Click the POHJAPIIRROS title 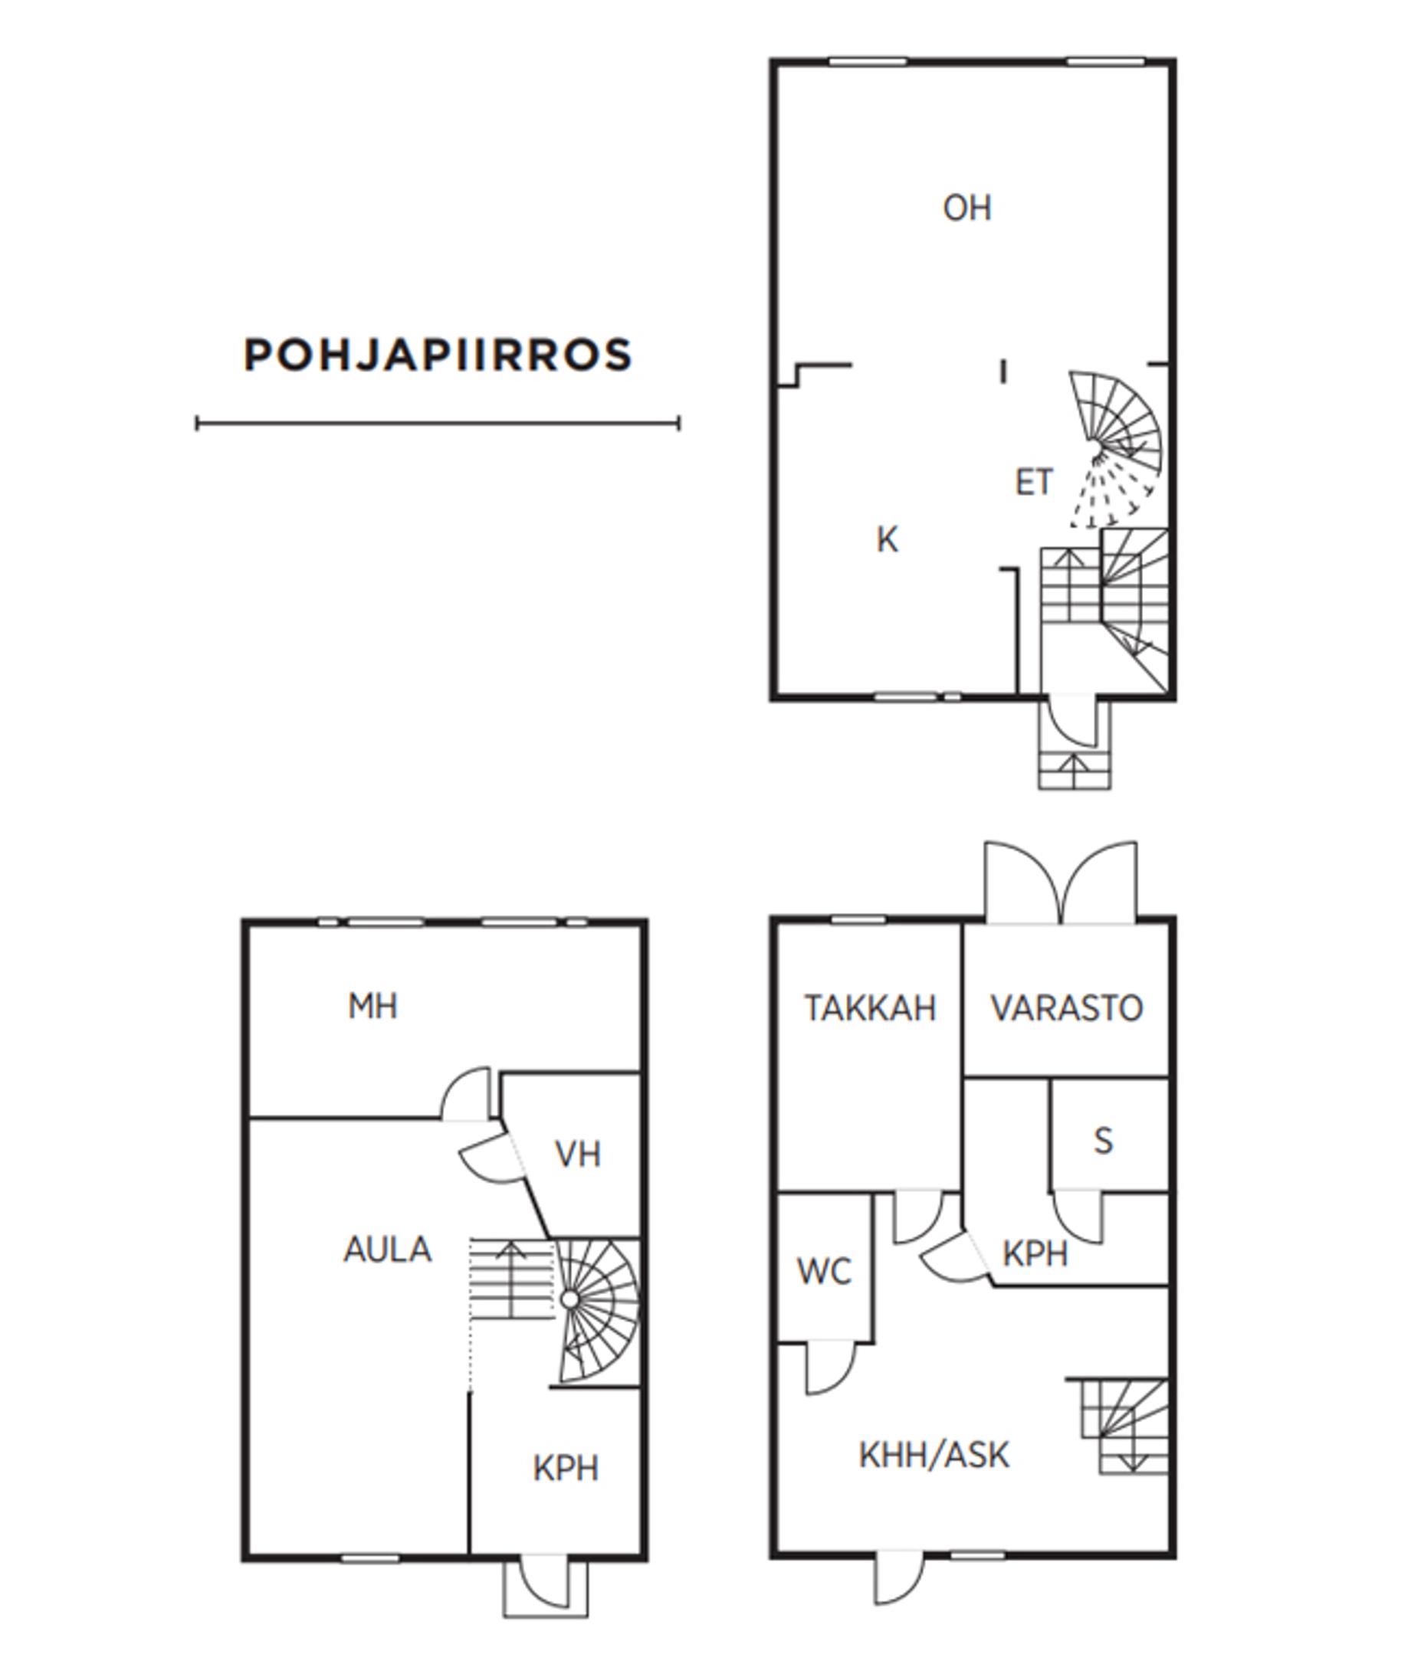(x=438, y=355)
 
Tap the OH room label (x=967, y=208)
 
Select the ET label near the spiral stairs (x=1033, y=482)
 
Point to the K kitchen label (x=887, y=540)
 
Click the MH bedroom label (x=372, y=1007)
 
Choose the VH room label (x=578, y=1155)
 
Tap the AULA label (x=387, y=1250)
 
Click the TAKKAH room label (x=870, y=1008)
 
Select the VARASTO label (x=1067, y=1008)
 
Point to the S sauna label (x=1103, y=1141)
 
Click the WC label (x=824, y=1272)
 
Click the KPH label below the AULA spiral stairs (x=566, y=1469)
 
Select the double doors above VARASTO (x=1061, y=883)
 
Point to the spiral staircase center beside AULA (x=569, y=1299)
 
